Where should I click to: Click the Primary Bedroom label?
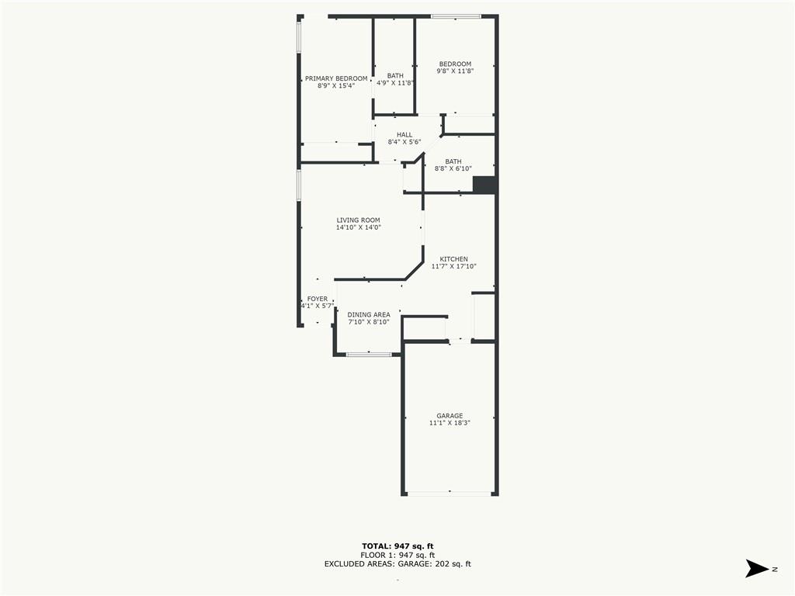pyautogui.click(x=336, y=78)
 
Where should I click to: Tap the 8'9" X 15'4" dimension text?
pyautogui.click(x=336, y=86)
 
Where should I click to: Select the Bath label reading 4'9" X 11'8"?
pyautogui.click(x=395, y=80)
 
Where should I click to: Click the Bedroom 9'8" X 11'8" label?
pyautogui.click(x=455, y=68)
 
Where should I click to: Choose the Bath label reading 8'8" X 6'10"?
pyautogui.click(x=453, y=165)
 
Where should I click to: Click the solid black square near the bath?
pyautogui.click(x=484, y=185)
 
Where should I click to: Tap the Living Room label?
pyautogui.click(x=359, y=220)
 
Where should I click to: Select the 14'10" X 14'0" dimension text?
pyautogui.click(x=359, y=227)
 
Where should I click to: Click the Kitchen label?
pyautogui.click(x=453, y=259)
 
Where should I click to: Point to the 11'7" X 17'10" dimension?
pyautogui.click(x=453, y=266)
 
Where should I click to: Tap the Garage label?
pyautogui.click(x=450, y=416)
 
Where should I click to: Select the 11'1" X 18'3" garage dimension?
pyautogui.click(x=450, y=423)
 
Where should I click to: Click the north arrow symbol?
pyautogui.click(x=756, y=568)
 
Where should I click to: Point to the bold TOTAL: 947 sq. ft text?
pyautogui.click(x=397, y=546)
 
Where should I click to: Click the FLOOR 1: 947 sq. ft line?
pyautogui.click(x=397, y=555)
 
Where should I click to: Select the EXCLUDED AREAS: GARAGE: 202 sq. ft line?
pyautogui.click(x=397, y=563)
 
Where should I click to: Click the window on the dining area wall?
pyautogui.click(x=369, y=354)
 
